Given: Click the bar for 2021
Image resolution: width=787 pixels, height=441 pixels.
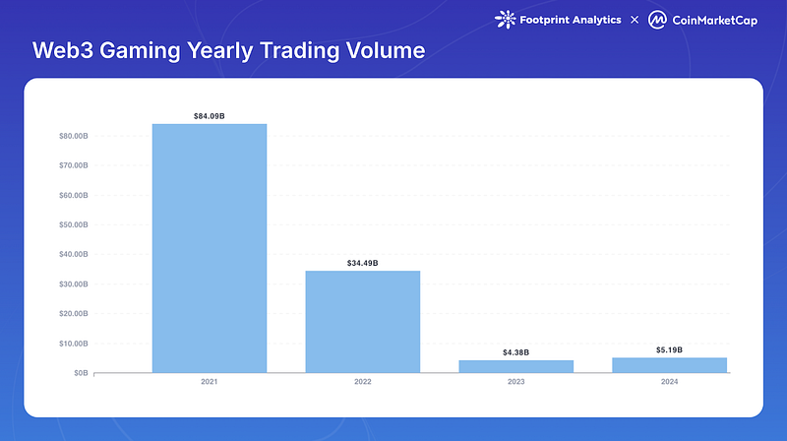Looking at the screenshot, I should [209, 248].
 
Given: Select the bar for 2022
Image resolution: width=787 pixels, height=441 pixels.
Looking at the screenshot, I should [362, 322].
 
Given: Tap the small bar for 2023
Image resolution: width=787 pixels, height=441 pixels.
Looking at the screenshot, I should [516, 366].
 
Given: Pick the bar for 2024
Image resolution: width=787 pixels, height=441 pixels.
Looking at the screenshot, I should [669, 365].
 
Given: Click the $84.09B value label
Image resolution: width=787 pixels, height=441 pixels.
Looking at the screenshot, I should [209, 116].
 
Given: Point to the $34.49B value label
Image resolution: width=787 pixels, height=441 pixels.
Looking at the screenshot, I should [362, 263].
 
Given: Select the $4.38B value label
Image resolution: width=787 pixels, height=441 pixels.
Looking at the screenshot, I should [516, 352].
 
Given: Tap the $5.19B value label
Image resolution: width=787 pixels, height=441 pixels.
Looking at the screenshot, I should [669, 350].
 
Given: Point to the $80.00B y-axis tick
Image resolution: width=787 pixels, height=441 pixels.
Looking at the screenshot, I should [73, 136].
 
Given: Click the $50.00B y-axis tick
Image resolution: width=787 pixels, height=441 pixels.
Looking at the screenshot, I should [73, 224].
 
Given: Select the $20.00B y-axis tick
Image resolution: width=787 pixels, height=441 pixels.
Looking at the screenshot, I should [73, 314].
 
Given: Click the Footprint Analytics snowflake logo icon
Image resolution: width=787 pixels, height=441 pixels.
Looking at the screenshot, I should [506, 19].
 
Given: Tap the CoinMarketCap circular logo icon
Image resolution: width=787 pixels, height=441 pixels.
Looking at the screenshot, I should [660, 20].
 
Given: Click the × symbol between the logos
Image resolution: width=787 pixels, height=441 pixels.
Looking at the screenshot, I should [635, 20].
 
